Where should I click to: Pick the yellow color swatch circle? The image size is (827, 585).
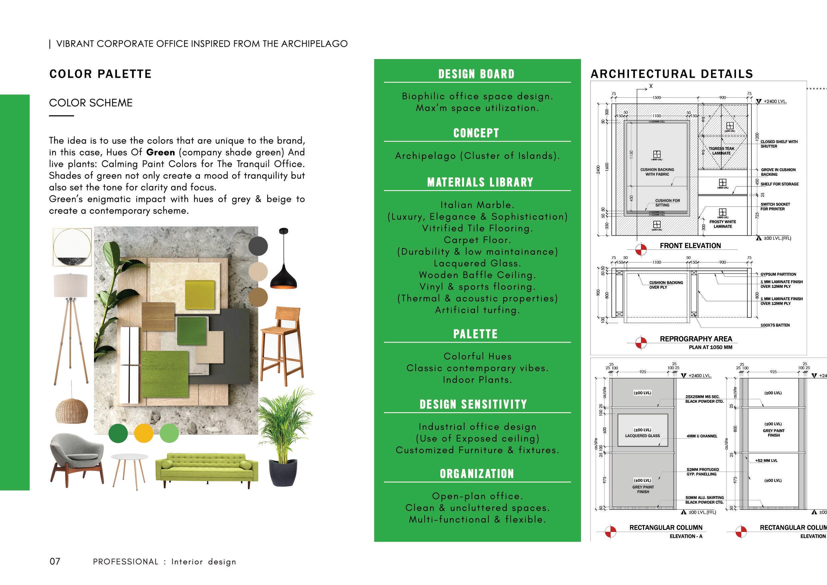click(x=144, y=433)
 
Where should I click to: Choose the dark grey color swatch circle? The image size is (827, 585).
click(x=258, y=246)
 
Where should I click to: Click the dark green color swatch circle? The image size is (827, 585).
click(x=118, y=433)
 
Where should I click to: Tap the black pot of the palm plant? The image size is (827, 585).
click(x=283, y=473)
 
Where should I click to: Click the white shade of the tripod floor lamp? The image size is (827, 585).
click(x=71, y=285)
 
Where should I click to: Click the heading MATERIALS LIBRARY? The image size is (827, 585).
click(x=480, y=182)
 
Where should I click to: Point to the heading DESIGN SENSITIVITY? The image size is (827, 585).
click(x=473, y=405)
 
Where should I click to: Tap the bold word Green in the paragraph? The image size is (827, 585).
click(x=161, y=152)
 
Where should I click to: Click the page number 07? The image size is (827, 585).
click(x=55, y=561)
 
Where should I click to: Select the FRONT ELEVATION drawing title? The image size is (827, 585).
click(x=690, y=246)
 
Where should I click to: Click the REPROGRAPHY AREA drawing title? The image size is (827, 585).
click(x=696, y=339)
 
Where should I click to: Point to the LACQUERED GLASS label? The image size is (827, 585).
click(x=643, y=436)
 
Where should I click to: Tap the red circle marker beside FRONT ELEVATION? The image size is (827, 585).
click(x=641, y=249)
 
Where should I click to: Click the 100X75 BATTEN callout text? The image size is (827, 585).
click(x=775, y=325)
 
